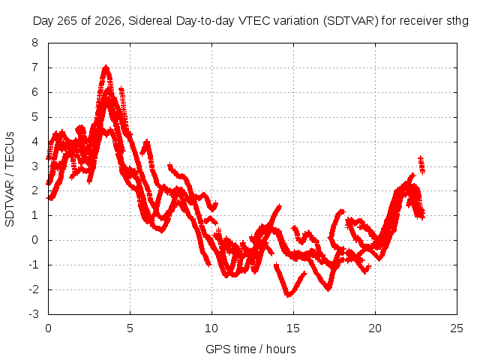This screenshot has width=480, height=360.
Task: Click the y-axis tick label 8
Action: point(34,43)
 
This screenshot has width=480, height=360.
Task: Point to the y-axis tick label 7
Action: point(34,67)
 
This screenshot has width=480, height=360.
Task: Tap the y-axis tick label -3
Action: point(33,314)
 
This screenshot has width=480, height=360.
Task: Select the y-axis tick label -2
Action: point(33,289)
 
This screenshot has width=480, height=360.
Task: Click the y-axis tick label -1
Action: point(33,265)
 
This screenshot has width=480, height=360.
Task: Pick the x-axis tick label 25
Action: point(457,328)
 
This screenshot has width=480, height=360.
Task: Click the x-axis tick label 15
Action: point(293,328)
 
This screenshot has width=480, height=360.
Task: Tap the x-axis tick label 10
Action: point(211,328)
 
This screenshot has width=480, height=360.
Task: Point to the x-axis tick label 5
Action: point(130,328)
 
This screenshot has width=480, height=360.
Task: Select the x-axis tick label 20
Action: point(375,328)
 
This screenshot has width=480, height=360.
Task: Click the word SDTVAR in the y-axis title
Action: point(10,203)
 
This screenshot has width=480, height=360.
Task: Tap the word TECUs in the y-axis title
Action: point(10,150)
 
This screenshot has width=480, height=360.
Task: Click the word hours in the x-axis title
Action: point(281,349)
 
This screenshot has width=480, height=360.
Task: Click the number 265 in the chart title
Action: point(70,21)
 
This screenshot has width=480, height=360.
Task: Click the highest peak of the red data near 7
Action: point(106,66)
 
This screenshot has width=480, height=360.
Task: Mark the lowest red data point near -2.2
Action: point(288,295)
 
